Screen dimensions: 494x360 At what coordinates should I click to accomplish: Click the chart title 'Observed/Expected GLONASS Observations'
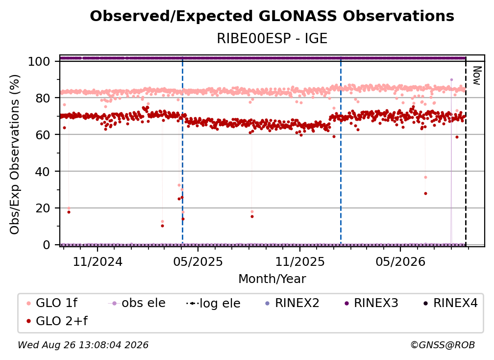coord(272,16)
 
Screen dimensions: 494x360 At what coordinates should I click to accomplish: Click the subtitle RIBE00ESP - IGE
coord(272,38)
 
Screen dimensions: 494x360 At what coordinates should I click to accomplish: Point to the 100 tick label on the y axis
coord(39,61)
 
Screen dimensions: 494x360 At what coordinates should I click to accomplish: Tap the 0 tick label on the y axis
coord(47,245)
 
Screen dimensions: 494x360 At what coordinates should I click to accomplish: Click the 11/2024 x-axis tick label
coord(98,261)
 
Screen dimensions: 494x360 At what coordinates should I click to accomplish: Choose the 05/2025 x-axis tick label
coord(198,261)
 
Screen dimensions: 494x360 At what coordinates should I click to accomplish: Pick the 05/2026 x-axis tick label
coord(400,261)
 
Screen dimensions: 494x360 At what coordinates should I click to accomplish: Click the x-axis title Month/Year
coord(272,279)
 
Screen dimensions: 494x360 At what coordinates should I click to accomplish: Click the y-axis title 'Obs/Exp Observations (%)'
coord(15,154)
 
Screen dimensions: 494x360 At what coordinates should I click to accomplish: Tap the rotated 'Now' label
coord(477,76)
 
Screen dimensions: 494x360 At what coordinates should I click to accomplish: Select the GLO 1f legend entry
coord(52,303)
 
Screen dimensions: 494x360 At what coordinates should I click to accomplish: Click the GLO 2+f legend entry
coord(57,321)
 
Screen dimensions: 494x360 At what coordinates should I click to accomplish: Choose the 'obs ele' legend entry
coord(137,303)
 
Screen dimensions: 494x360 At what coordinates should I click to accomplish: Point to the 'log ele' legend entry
coord(213,303)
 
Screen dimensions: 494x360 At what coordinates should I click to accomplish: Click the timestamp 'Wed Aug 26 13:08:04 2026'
coord(83,345)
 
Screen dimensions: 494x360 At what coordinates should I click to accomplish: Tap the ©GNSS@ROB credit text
coord(443,345)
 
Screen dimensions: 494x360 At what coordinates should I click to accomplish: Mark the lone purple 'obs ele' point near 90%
coord(451,80)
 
